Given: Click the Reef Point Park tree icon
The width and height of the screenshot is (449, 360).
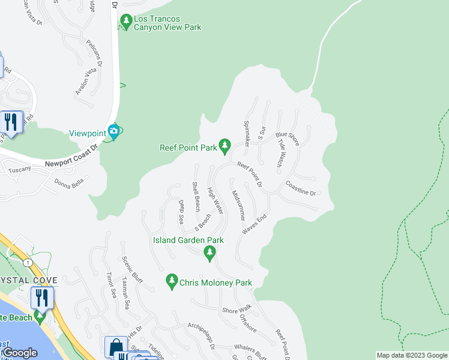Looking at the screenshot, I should pyautogui.click(x=224, y=145).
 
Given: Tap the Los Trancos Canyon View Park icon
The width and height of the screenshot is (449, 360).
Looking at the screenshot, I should pyautogui.click(x=126, y=22).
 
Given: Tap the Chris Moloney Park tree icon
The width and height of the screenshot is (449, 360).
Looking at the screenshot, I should pyautogui.click(x=172, y=281).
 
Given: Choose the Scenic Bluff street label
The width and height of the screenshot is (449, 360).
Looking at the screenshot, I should pyautogui.click(x=132, y=271).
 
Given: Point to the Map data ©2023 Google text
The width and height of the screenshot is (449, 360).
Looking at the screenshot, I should pyautogui.click(x=411, y=355).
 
